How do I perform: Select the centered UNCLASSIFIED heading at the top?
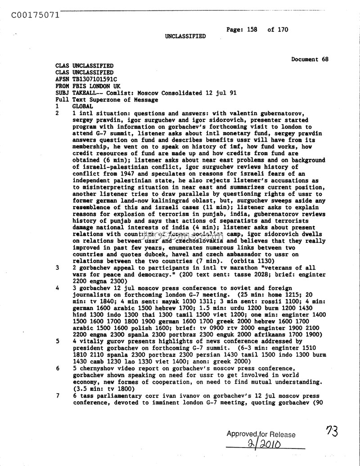pyautogui.click(x=185, y=36)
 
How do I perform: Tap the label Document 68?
pyautogui.click(x=310, y=59)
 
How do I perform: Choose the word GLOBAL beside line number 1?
pyautogui.click(x=82, y=106)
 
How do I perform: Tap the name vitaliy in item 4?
pyautogui.click(x=91, y=341)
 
